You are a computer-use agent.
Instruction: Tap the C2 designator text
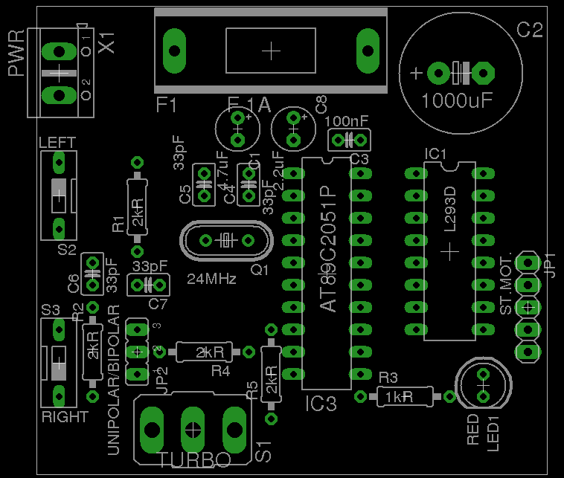click(530, 30)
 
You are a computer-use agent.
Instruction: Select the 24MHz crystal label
click(211, 280)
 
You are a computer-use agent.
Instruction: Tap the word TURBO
click(195, 459)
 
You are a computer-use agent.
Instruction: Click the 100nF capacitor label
click(346, 120)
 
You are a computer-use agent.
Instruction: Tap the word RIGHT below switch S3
click(65, 417)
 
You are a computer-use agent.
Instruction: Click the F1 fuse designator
click(167, 105)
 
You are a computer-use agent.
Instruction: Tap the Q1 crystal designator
click(259, 271)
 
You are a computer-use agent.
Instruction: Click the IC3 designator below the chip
click(321, 404)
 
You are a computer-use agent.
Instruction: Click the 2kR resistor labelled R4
click(202, 352)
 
